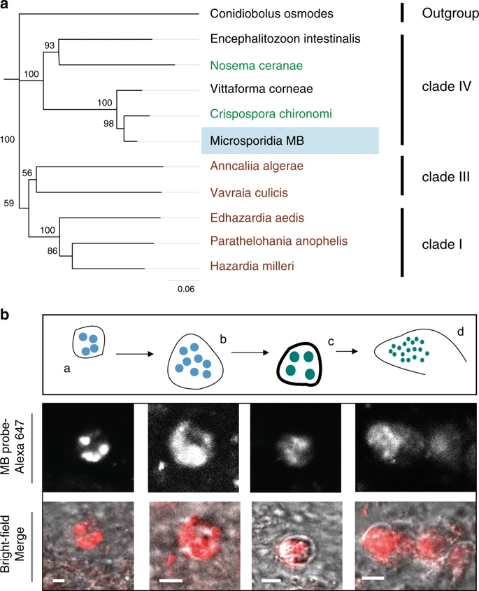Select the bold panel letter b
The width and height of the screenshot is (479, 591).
pos(6,316)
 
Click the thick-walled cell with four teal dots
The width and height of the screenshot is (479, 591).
pos(301,364)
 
